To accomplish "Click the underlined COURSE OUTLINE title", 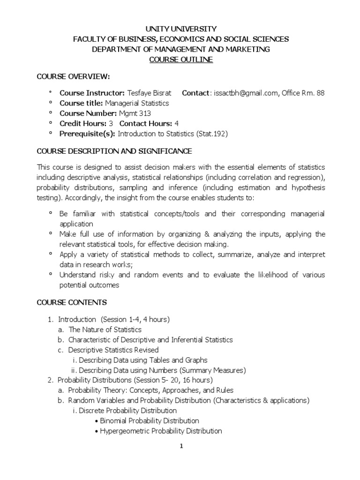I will click(181, 60).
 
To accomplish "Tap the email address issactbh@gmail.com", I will click(247, 93).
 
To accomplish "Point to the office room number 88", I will click(320, 93).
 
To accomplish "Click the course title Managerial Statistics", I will click(136, 103).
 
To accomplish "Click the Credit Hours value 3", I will click(111, 124).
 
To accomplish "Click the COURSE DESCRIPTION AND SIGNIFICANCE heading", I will click(114, 151).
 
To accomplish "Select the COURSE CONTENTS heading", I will click(72, 302).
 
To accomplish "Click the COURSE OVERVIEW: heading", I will click(73, 76).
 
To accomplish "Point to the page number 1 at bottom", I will click(181, 446).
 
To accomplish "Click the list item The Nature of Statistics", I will click(105, 330).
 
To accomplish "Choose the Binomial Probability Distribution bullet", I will click(150, 421).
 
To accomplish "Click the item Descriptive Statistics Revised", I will click(113, 350).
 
